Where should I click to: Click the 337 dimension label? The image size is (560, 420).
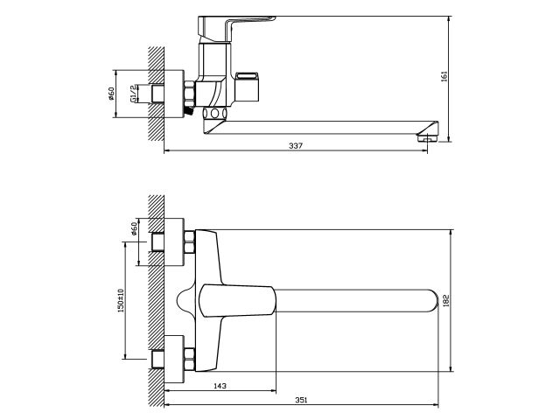(x=296, y=146)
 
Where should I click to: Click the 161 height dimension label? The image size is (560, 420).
(x=444, y=77)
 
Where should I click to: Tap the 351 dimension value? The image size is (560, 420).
(x=301, y=400)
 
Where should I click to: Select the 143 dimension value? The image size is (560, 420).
(x=220, y=386)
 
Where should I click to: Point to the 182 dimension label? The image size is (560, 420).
(x=445, y=301)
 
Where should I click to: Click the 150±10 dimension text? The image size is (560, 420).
(x=121, y=301)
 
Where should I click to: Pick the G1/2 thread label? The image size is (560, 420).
(x=133, y=94)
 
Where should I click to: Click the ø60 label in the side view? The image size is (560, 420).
(x=111, y=94)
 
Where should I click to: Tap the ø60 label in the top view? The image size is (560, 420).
(x=134, y=228)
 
